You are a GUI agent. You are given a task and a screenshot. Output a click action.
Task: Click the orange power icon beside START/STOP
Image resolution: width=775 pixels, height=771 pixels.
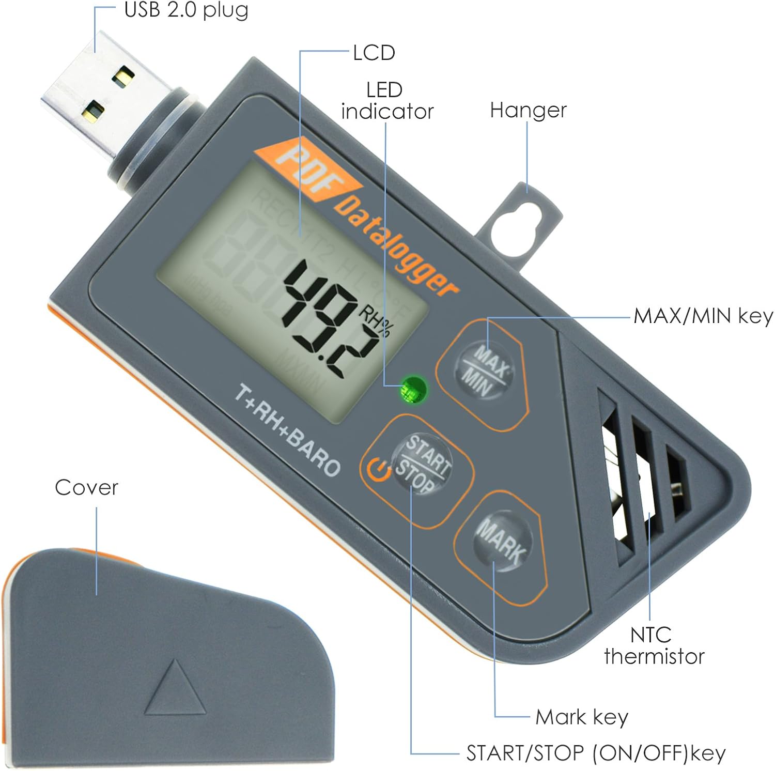tap(379, 471)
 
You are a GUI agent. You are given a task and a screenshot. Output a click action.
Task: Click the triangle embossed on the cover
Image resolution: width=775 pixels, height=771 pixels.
tap(175, 690)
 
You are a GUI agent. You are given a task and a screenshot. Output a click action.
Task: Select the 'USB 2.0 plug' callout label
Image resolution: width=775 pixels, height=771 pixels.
tap(186, 10)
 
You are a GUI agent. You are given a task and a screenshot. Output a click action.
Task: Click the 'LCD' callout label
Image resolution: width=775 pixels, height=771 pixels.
tap(374, 53)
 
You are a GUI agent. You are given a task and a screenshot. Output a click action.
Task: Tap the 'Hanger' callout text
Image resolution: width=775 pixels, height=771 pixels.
tap(528, 110)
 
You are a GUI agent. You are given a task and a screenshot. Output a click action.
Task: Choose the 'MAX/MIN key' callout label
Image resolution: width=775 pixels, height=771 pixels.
tap(703, 316)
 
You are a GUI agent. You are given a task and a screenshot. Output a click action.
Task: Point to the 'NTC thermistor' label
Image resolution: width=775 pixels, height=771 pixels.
tap(654, 645)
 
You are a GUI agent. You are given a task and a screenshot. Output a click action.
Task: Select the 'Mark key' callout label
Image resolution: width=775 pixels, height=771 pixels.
tap(582, 717)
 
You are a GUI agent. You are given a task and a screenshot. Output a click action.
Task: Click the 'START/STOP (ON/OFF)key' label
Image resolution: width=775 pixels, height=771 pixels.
tap(596, 753)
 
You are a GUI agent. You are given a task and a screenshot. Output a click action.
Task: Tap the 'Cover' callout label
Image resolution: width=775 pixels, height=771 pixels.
tap(86, 487)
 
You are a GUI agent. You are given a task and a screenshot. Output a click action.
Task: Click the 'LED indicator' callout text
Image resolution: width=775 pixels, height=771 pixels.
tap(386, 101)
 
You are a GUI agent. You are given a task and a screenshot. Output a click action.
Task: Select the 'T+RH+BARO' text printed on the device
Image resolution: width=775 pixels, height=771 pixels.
tap(287, 430)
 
